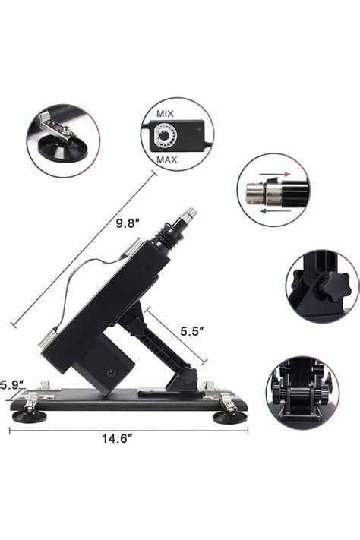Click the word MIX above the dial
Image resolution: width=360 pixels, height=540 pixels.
pos(165,113)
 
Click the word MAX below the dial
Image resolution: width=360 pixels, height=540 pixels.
pos(167,160)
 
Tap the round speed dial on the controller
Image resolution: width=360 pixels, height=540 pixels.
pos(165,137)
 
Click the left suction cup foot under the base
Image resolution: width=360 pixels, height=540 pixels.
pos(27,414)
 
